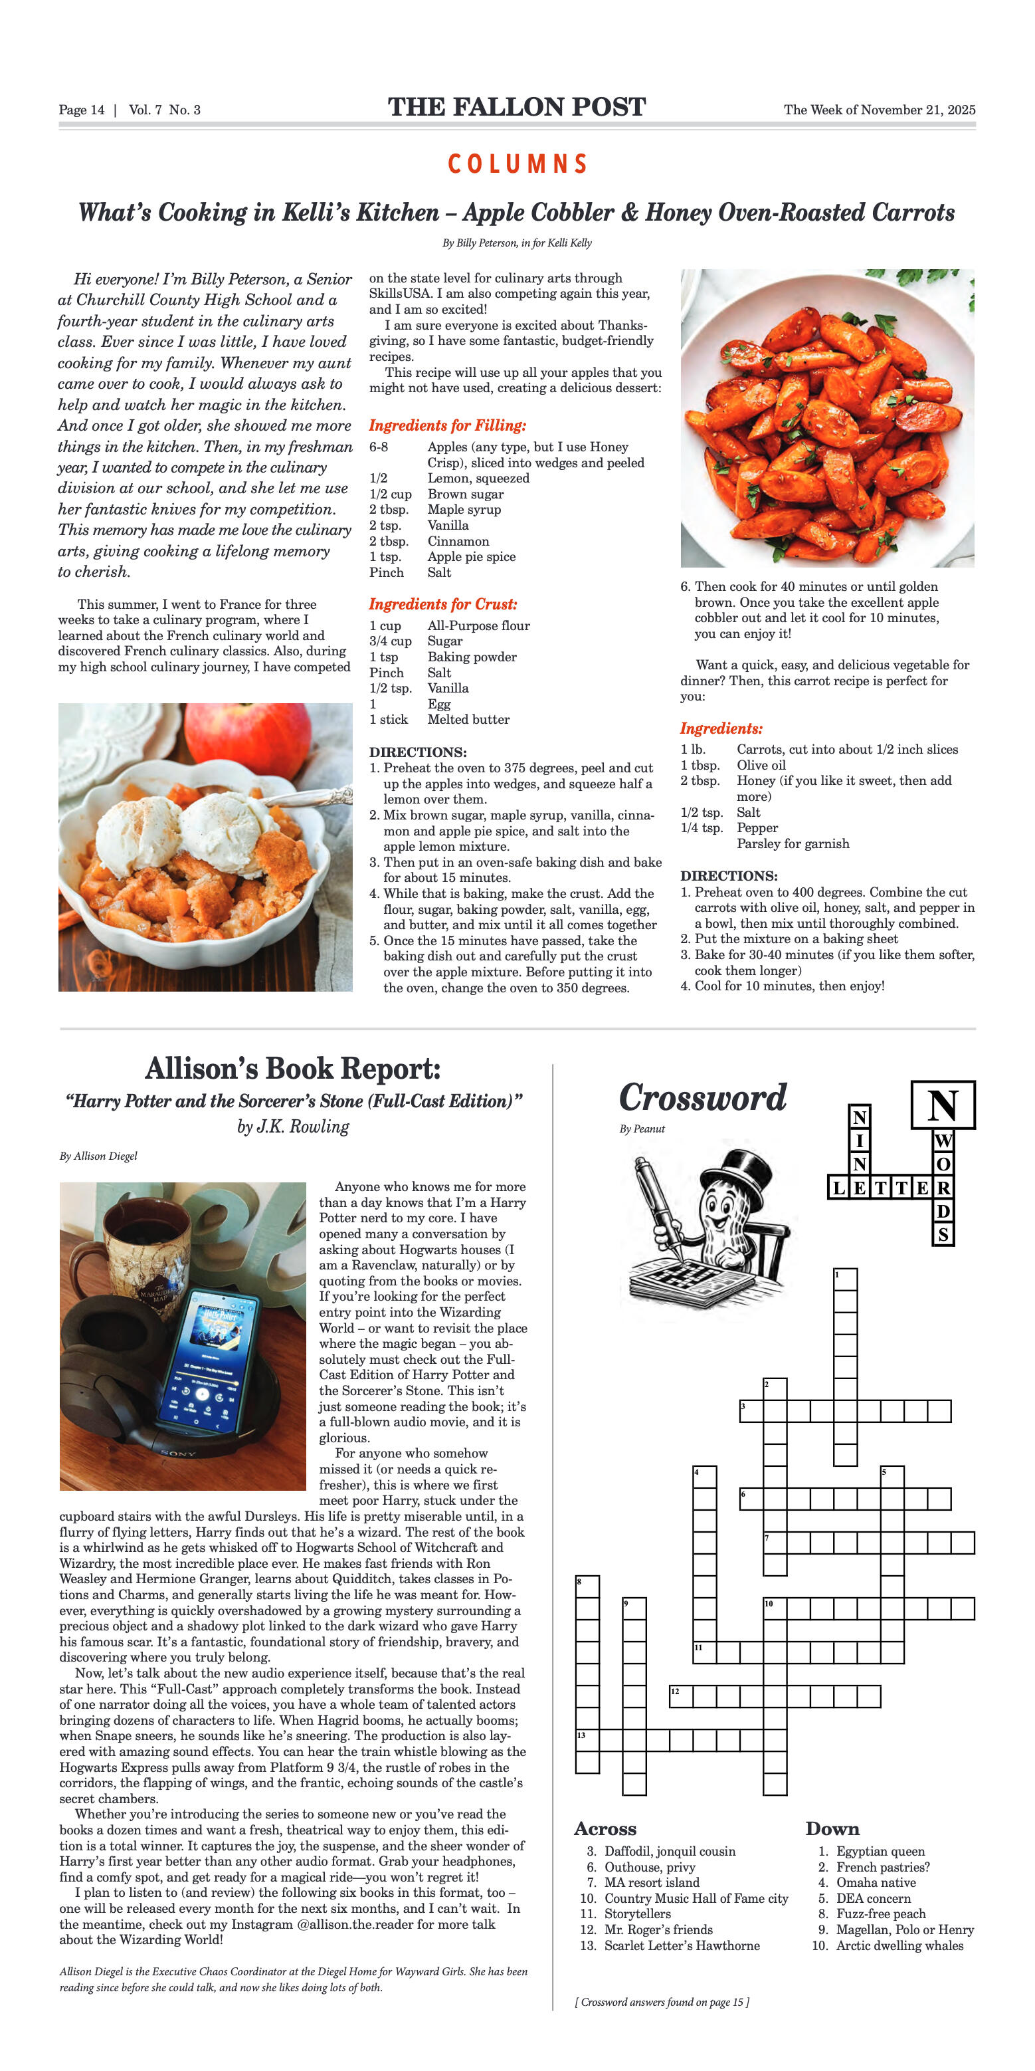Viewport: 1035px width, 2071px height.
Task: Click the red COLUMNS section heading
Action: pos(517,164)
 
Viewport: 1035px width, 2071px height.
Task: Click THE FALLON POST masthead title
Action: pos(517,107)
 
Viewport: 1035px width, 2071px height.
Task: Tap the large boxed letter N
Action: pos(943,1105)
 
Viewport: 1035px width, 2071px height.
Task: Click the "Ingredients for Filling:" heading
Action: pos(448,426)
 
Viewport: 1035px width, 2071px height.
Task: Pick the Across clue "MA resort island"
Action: pos(652,1882)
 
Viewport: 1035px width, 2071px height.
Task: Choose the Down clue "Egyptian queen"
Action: pos(880,1851)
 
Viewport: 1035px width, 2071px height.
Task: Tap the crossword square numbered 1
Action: pos(846,1280)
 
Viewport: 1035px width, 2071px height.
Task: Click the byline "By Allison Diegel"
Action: pos(98,1156)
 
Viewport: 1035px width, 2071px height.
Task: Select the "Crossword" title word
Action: pos(702,1098)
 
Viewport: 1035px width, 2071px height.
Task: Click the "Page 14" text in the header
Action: pos(81,110)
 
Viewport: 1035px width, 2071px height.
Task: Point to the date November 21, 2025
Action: pos(915,110)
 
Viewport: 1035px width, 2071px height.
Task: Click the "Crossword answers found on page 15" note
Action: pos(662,2002)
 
